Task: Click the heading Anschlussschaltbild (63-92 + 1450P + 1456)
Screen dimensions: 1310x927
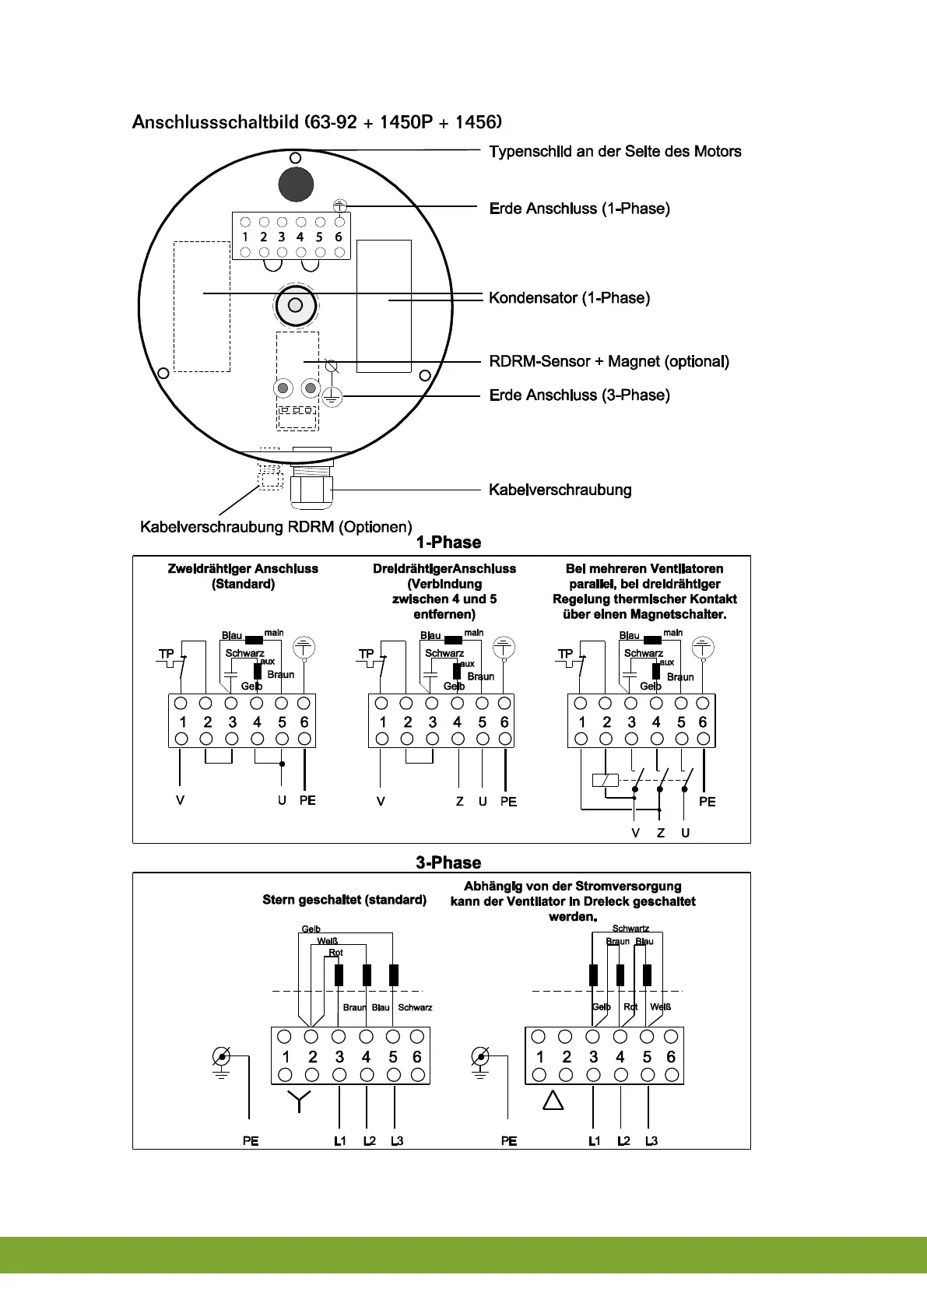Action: (317, 122)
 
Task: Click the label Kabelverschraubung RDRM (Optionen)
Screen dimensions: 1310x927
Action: (276, 527)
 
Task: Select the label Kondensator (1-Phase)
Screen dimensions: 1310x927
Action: (569, 298)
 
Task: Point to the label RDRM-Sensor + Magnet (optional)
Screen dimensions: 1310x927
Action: (609, 361)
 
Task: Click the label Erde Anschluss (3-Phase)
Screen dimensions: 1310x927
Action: (579, 395)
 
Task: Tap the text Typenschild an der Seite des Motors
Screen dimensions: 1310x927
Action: (615, 152)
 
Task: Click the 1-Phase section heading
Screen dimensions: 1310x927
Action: (448, 543)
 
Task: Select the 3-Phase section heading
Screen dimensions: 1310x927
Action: (448, 862)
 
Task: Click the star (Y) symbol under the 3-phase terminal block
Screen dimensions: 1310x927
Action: (299, 1100)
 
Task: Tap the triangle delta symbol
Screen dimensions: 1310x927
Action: (553, 1101)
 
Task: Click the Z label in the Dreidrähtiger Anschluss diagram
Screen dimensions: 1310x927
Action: (460, 802)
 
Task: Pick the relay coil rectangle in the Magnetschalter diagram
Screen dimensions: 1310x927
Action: (605, 780)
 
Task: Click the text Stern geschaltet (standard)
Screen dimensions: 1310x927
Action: (344, 900)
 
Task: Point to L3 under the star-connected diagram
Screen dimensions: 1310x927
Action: (397, 1141)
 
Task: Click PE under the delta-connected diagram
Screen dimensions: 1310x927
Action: (509, 1141)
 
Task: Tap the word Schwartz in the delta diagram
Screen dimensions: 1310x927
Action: (630, 929)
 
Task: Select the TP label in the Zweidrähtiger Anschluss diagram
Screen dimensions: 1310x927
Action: (166, 654)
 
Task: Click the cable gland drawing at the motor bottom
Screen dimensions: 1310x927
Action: (311, 488)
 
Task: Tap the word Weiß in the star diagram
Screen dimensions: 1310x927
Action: (327, 941)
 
